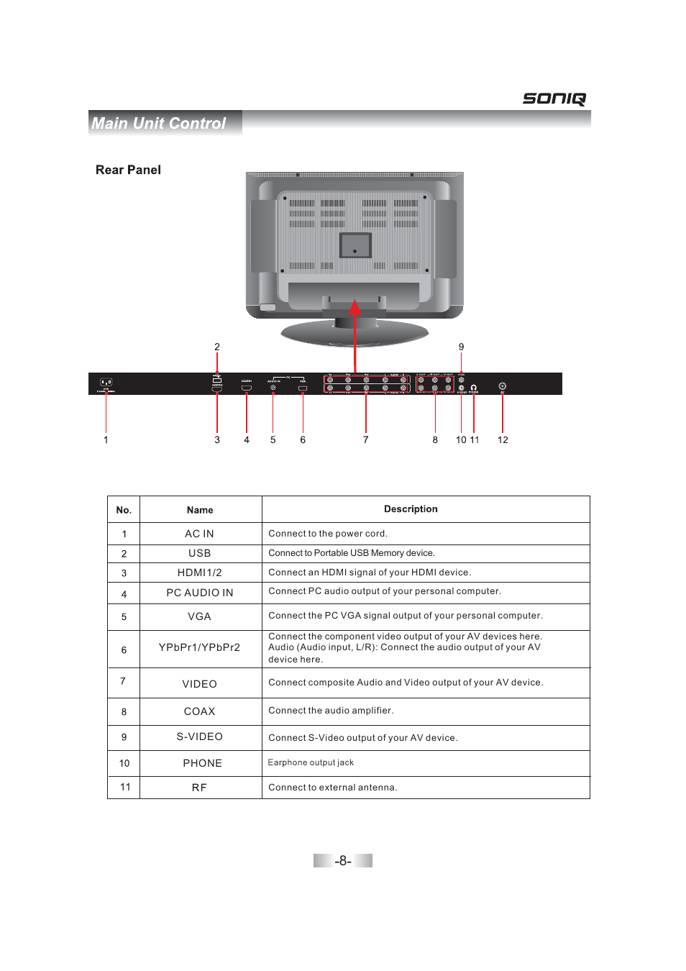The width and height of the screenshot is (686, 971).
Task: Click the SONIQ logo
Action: point(554,99)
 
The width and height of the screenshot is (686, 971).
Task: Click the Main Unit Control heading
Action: point(159,124)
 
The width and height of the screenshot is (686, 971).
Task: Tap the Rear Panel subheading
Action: point(128,170)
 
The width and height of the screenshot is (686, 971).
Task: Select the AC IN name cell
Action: point(199,534)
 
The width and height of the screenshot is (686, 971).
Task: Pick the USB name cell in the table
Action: point(199,553)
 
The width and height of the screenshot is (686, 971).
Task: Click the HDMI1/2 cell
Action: point(199,573)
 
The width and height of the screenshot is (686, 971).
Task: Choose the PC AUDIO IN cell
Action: point(199,593)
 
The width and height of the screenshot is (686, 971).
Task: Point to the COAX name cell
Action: point(199,711)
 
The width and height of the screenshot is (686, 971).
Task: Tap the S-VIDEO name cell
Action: point(199,737)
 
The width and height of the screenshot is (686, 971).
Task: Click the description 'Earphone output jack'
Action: point(311,762)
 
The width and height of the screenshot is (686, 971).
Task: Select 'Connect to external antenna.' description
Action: point(332,788)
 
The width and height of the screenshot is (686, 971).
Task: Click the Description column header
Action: point(411,509)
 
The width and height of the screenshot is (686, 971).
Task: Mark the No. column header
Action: point(124,510)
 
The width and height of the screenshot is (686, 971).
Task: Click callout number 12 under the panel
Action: point(503,440)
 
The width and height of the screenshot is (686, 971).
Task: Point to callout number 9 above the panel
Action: point(462,347)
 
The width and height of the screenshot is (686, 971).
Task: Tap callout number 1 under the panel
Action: point(106,440)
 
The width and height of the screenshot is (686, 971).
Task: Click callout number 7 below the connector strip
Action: point(366,440)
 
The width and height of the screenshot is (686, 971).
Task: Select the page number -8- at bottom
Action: point(343,861)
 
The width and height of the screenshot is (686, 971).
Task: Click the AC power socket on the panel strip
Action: point(106,383)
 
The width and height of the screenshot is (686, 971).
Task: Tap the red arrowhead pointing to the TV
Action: point(355,308)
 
